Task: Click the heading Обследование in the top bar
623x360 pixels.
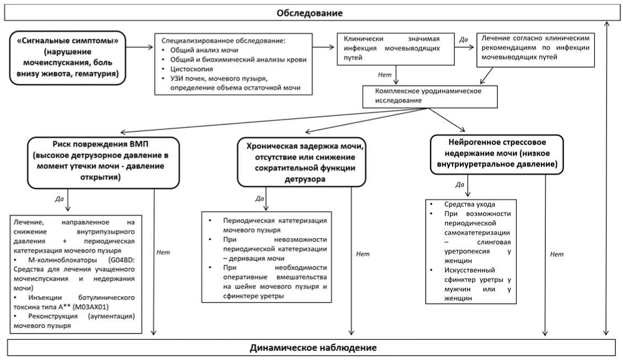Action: click(309, 12)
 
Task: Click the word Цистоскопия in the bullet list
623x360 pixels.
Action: click(189, 68)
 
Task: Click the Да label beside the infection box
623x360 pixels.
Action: click(463, 40)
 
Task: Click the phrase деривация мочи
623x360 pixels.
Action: click(256, 258)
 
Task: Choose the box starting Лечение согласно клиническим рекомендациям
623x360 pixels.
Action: click(535, 48)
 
